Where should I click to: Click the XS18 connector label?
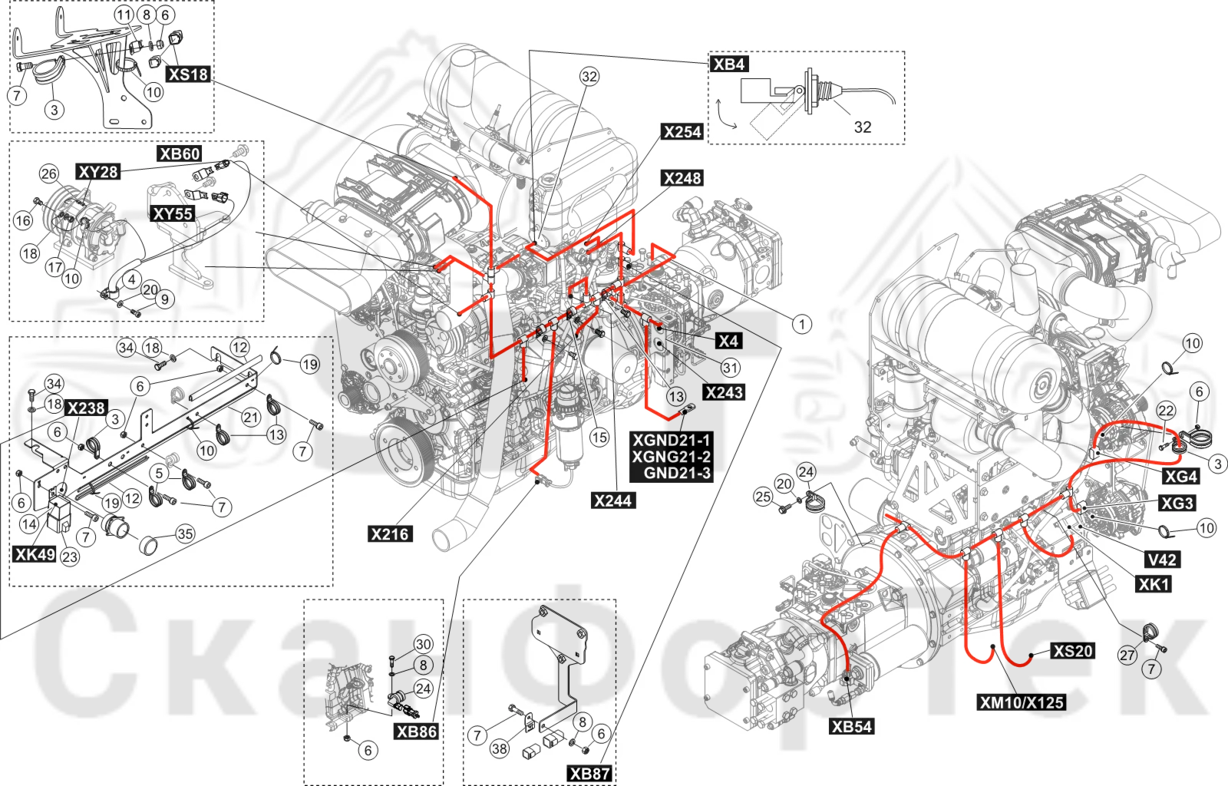[189, 74]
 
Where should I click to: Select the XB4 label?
[729, 64]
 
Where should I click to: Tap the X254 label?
[682, 131]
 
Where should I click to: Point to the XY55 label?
[173, 213]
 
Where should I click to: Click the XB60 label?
[180, 154]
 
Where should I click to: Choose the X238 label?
[85, 408]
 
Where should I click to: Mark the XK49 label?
[35, 554]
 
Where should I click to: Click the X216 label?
[390, 534]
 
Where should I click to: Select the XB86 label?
[417, 732]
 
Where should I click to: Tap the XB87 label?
[590, 773]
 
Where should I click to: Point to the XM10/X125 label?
[1022, 702]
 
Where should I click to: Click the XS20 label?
[1074, 651]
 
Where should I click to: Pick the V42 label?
[1162, 560]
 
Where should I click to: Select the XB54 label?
[852, 726]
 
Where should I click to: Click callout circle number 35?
[185, 534]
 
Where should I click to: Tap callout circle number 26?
[49, 174]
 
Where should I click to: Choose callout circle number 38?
[500, 748]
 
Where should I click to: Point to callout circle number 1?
[802, 325]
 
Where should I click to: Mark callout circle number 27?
[1127, 655]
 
